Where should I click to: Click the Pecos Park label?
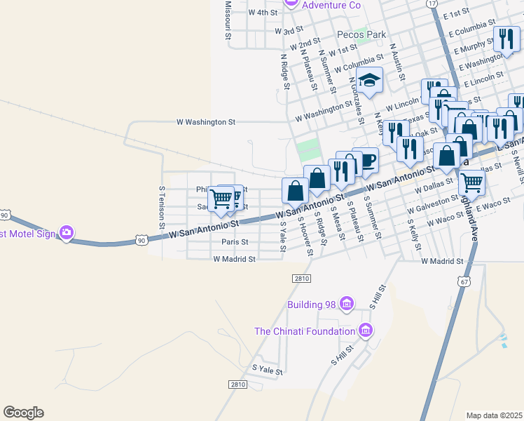tap(361, 34)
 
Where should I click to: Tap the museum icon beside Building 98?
tap(346, 304)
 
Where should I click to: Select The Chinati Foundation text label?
tap(305, 331)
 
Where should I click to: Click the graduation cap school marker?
tap(369, 80)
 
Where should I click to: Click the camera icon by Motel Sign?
tap(67, 232)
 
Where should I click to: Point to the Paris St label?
tap(235, 242)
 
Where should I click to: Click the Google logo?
tap(23, 413)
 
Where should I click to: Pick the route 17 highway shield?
tap(432, 4)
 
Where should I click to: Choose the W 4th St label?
tap(263, 13)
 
